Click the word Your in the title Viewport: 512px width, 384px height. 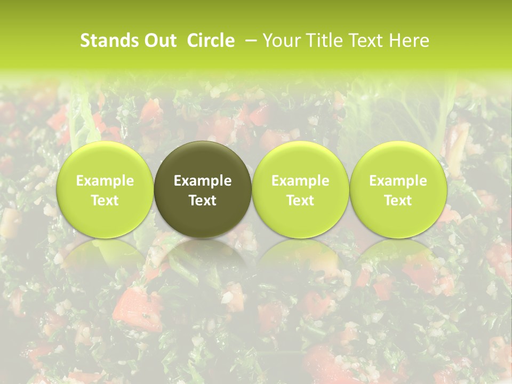(280, 41)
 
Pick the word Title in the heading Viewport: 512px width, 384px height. (319, 41)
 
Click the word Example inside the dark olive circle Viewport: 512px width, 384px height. (203, 181)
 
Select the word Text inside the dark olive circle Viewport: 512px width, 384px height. (203, 201)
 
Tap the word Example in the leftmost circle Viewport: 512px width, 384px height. (105, 181)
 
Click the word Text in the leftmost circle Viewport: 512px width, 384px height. (105, 201)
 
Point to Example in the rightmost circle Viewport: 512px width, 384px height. (398, 181)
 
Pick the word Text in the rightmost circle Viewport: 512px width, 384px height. (398, 201)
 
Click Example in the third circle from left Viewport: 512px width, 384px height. (300, 181)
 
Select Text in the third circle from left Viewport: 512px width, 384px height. (300, 201)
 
